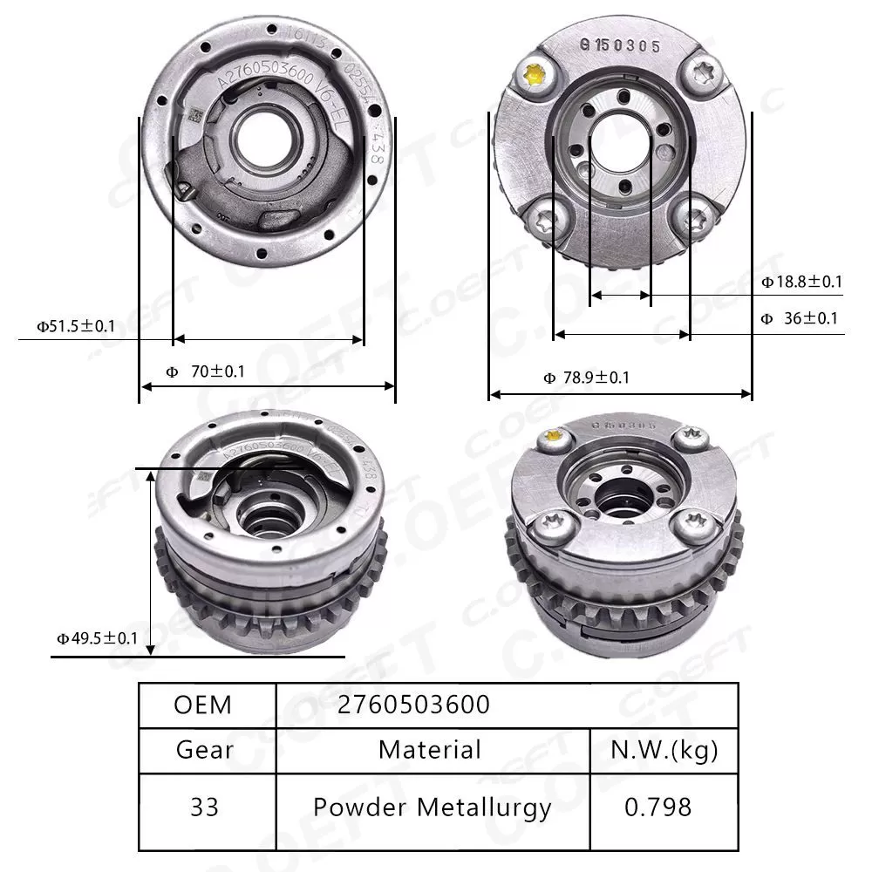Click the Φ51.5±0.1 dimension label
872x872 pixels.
point(75,325)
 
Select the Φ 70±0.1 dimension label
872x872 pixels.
point(206,371)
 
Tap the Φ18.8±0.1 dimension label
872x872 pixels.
point(801,282)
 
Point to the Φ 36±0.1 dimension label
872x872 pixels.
point(800,318)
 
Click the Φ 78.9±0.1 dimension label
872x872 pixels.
point(586,378)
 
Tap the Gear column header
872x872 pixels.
point(205,749)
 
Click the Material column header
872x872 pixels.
point(430,749)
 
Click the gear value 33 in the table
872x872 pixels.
point(205,807)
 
